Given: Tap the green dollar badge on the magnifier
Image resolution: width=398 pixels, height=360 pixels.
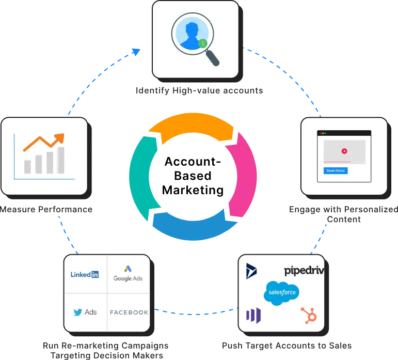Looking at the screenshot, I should click(203, 43).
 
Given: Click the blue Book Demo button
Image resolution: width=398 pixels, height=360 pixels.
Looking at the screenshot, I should click(336, 170).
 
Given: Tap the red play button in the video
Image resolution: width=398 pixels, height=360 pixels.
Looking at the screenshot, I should click(344, 151).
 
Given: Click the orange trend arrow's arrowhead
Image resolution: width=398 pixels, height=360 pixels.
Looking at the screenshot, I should click(60, 137).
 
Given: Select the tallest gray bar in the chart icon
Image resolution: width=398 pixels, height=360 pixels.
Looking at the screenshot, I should click(61, 160).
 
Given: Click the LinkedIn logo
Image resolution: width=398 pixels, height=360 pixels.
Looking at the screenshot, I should click(85, 275).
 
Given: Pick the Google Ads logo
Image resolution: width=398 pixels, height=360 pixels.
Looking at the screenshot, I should click(128, 273).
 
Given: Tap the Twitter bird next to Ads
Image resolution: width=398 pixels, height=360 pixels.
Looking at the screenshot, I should click(78, 312).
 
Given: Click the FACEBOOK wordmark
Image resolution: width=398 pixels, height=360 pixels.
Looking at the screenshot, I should click(129, 312).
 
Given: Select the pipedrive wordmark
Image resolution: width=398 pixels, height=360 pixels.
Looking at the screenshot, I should click(304, 271).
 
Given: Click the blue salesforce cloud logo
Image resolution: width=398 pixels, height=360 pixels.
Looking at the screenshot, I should click(281, 293).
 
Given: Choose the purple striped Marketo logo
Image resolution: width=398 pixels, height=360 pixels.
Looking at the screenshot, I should click(253, 315).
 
